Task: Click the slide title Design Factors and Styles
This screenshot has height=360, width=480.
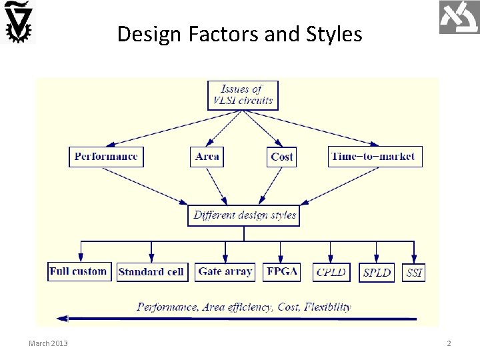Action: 239,33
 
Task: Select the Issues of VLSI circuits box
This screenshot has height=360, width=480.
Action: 243,95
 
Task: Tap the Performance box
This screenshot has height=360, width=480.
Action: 107,157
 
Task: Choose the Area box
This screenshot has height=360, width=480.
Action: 207,157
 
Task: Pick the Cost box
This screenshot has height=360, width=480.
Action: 281,157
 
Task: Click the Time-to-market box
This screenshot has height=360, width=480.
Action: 375,157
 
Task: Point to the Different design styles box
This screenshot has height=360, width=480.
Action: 243,215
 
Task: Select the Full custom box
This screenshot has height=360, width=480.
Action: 79,271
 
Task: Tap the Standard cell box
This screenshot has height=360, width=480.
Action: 152,272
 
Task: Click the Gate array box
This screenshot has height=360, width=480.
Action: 225,271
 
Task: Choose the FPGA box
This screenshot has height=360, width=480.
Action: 282,271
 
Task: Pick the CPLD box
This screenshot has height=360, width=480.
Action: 332,272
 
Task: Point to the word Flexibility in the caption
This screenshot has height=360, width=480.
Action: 327,307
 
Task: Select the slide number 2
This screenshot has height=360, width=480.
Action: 449,343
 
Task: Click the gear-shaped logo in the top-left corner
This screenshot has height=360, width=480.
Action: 19,22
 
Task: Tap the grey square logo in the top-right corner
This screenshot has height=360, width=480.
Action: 459,17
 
